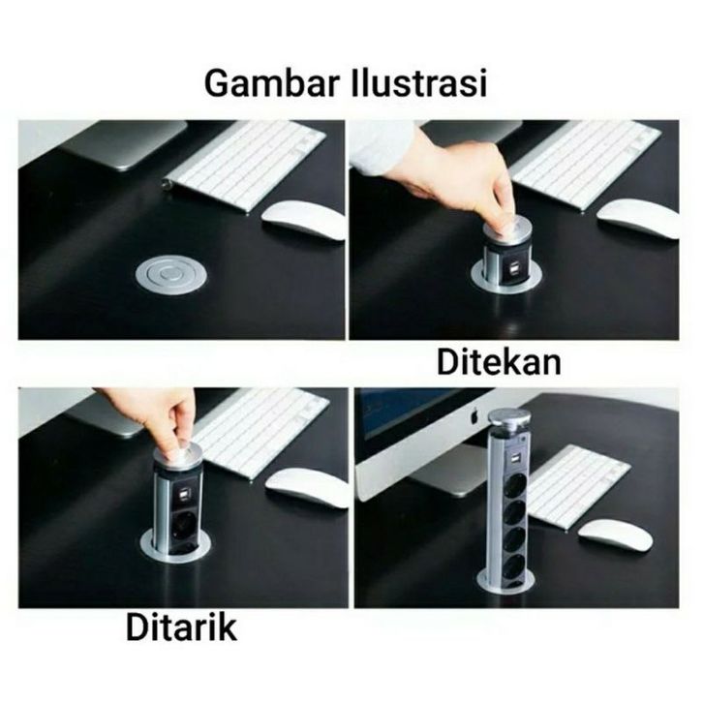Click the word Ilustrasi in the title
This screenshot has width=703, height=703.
coord(418,82)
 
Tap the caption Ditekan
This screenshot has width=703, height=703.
coord(499,363)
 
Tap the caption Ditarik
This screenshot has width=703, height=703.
coord(181,628)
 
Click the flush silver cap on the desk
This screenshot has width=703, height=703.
coord(171,274)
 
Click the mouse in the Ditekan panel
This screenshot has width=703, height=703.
coord(637,219)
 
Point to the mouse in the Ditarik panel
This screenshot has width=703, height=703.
coord(307,488)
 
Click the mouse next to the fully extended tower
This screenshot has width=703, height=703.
coord(615,536)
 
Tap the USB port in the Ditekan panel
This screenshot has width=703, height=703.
coord(513,270)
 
